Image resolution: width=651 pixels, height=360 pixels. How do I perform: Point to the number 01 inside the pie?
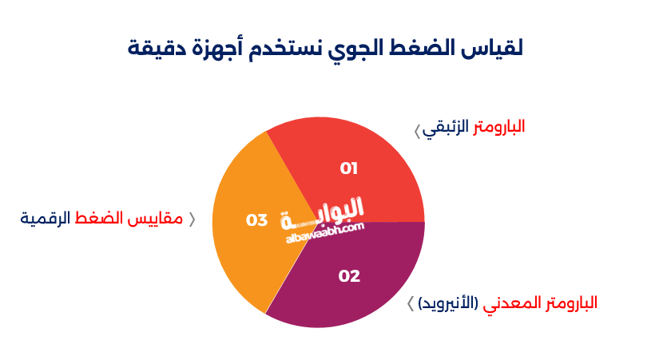tap(349, 168)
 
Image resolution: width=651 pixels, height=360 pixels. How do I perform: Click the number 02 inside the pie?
tap(349, 276)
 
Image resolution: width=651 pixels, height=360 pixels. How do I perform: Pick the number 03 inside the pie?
tap(256, 220)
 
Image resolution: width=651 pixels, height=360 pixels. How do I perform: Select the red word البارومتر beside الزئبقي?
tap(498, 127)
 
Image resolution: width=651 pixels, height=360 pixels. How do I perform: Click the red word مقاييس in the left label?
tap(155, 218)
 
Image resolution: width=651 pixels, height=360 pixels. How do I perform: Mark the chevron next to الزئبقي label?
tap(417, 131)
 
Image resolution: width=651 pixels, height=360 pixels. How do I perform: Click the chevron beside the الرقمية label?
tap(192, 219)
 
